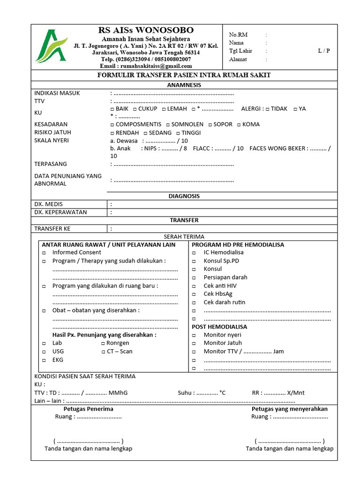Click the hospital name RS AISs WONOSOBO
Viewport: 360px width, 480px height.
146,30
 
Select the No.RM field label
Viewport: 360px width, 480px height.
238,35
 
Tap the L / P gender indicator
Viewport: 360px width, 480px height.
323,51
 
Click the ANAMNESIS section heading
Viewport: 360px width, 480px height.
184,85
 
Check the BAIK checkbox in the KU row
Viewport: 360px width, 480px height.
112,109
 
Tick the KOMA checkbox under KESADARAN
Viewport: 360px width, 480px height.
239,125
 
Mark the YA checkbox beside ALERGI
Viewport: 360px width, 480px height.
295,109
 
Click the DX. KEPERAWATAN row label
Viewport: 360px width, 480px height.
60,212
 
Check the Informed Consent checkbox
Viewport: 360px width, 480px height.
44,253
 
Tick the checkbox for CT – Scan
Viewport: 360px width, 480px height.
103,352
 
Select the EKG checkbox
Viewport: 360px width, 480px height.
44,360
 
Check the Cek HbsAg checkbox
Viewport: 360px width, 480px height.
195,294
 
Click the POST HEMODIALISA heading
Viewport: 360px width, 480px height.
219,327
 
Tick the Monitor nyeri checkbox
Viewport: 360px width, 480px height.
195,336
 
